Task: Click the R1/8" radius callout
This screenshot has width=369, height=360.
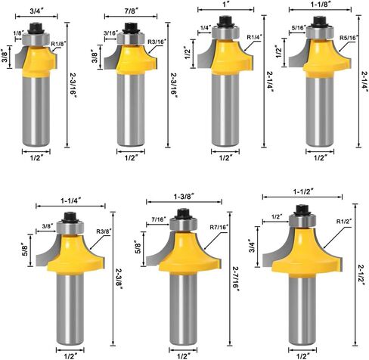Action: [58, 44]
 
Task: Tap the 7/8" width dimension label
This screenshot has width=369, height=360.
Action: [131, 11]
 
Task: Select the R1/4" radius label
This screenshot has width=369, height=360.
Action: [255, 37]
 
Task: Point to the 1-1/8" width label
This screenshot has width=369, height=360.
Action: [319, 5]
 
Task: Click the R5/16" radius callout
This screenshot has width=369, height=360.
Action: [349, 38]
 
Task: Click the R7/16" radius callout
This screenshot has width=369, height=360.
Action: [219, 228]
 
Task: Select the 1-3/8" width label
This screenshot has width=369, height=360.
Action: [184, 197]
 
